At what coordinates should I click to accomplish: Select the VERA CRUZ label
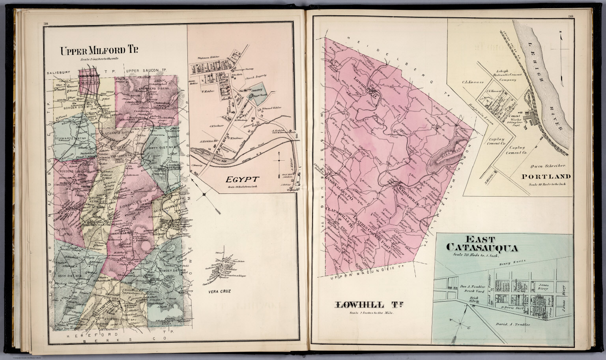click(x=219, y=292)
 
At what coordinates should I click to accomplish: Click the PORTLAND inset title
click(x=546, y=176)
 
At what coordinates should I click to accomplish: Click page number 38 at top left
click(x=45, y=24)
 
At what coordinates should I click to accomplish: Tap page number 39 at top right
click(x=570, y=16)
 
